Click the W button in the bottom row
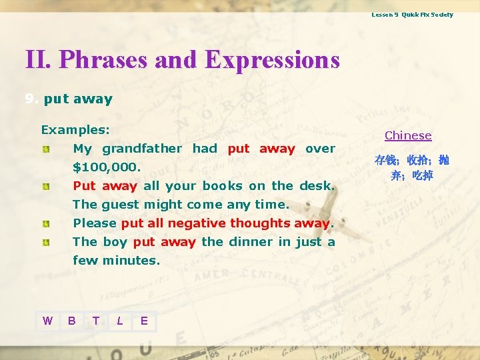coord(47,321)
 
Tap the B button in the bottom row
coord(72,321)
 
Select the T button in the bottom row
coord(96,321)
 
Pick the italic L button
coord(120,321)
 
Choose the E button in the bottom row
coord(144,321)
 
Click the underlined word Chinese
coord(408,135)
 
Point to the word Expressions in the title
coord(273,60)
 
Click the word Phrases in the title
coord(103,60)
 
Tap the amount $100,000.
coord(107,167)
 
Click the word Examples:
coord(75,129)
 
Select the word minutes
coord(131,260)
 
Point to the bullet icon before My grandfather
coord(45,149)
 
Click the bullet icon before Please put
coord(45,223)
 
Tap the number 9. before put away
coord(31,99)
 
